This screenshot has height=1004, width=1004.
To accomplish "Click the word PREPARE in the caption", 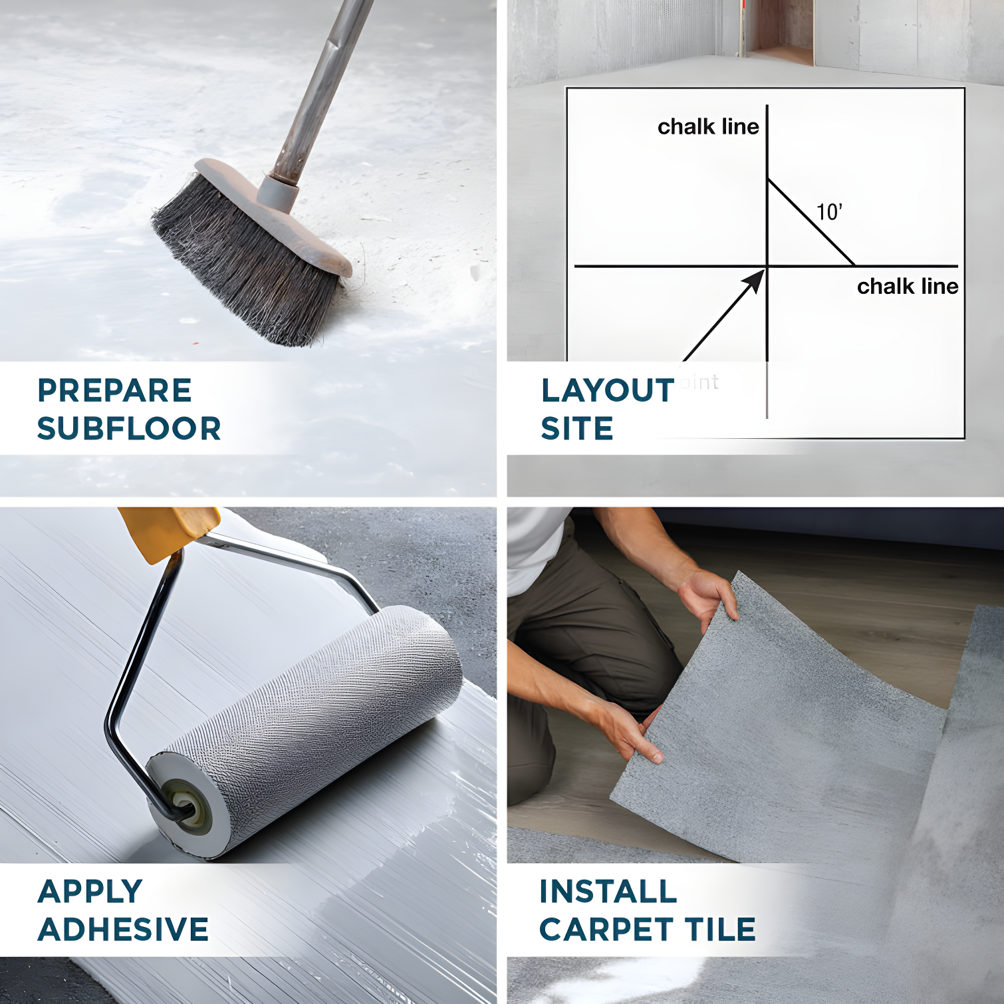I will pos(114,390).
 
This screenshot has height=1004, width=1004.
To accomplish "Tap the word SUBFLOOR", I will pos(129,429).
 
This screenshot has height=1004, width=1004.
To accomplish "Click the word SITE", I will pos(576,429).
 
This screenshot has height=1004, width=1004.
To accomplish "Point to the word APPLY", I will pos(90,892).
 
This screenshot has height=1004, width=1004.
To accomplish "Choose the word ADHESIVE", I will pos(123,930).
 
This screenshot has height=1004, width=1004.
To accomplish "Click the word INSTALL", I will pos(608,892).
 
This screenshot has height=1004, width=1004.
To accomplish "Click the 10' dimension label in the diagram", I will pos(829,212).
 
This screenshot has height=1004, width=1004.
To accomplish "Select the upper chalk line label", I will pos(708,126).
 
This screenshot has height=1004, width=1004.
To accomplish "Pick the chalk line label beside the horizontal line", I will pos(907,286).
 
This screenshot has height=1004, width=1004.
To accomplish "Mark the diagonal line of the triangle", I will pos(811,223).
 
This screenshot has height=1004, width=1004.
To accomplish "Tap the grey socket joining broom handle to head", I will pos(277,192).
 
